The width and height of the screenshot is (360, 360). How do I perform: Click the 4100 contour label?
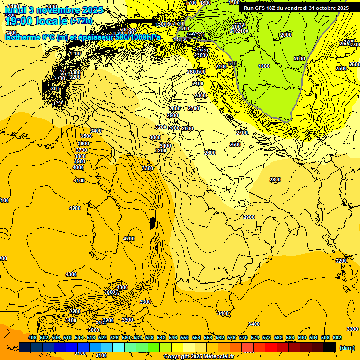coord(79,180)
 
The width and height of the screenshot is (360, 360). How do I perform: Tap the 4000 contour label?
coord(78,167)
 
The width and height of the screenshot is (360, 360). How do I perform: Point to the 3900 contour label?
coord(79,161)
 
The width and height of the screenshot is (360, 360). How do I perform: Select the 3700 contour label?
coord(81,150)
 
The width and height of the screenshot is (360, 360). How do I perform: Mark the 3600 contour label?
coord(83,143)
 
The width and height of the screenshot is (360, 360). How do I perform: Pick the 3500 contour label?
coord(86,136)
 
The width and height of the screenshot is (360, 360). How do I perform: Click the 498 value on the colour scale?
coord(32,337)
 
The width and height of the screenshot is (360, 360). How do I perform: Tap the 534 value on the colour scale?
coord(138,337)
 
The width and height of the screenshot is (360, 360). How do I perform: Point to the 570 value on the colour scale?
coord(243,337)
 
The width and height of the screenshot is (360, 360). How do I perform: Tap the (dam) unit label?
coord(347,348)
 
